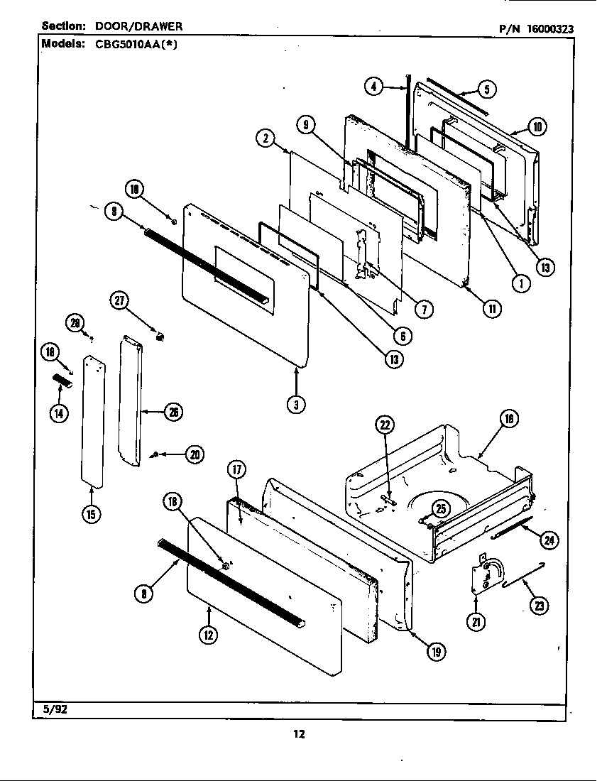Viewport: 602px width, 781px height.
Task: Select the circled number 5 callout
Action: click(x=486, y=89)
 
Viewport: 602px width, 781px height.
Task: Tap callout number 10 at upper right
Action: click(x=537, y=127)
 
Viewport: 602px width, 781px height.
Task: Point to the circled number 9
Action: click(x=305, y=125)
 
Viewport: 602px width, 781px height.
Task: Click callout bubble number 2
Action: click(x=264, y=139)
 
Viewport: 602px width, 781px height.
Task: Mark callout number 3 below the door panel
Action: click(x=296, y=404)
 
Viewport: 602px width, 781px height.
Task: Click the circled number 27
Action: click(x=119, y=300)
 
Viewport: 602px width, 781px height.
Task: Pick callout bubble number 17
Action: click(x=236, y=469)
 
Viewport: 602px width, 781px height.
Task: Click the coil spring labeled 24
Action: click(x=511, y=526)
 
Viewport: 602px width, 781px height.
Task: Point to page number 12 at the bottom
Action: click(x=300, y=734)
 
